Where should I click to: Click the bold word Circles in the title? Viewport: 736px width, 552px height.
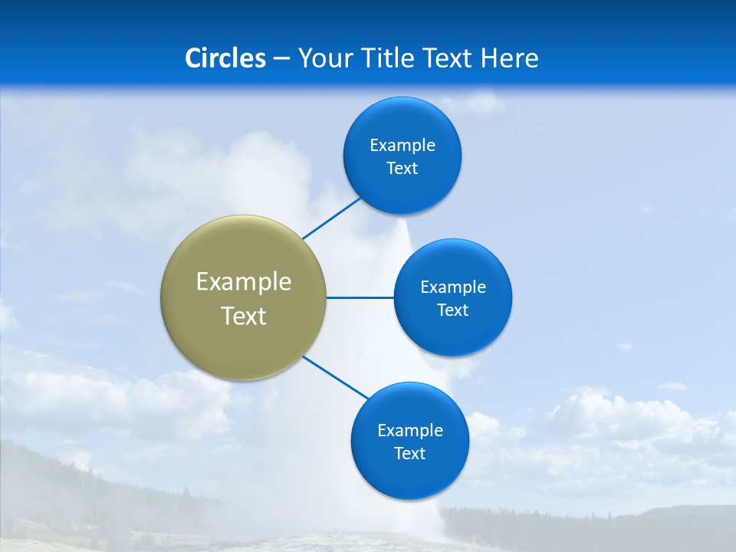[x=225, y=58]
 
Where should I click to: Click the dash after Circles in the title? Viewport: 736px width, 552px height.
[x=281, y=59]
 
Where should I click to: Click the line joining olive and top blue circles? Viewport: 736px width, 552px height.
[x=331, y=218]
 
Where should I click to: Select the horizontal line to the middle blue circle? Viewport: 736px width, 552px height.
[x=360, y=297]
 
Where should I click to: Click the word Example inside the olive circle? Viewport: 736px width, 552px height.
[x=244, y=282]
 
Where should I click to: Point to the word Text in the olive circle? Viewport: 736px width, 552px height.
[x=244, y=316]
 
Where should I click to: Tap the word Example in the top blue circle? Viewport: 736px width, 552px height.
[x=402, y=146]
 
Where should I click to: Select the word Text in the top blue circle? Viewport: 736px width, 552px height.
[x=402, y=169]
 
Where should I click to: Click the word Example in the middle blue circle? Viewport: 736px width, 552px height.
[x=453, y=287]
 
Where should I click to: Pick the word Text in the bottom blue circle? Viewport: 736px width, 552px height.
[x=409, y=454]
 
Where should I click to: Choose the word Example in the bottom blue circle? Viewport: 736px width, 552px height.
[x=410, y=431]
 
